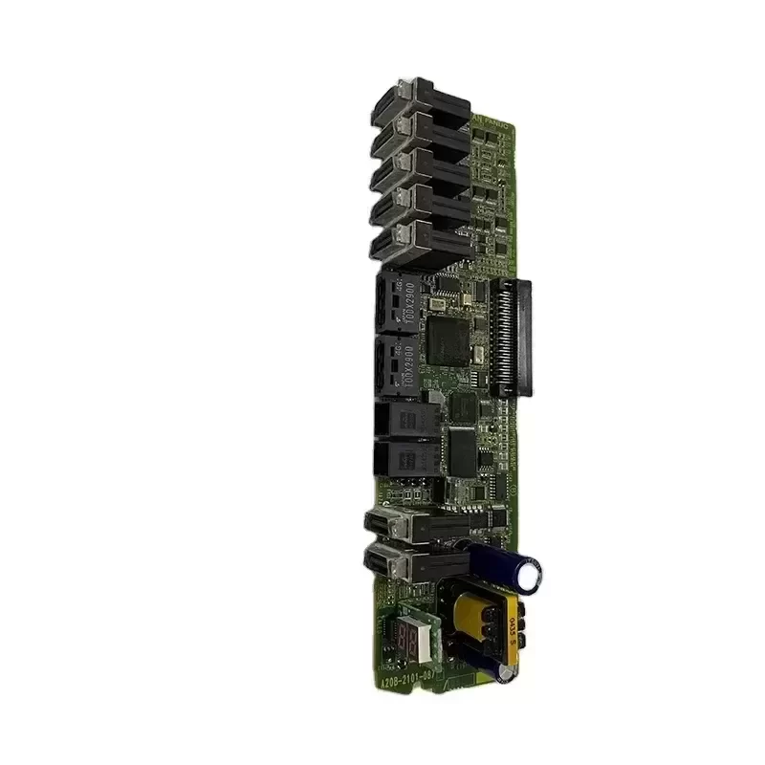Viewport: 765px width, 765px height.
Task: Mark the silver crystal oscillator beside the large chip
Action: tap(436, 305)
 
